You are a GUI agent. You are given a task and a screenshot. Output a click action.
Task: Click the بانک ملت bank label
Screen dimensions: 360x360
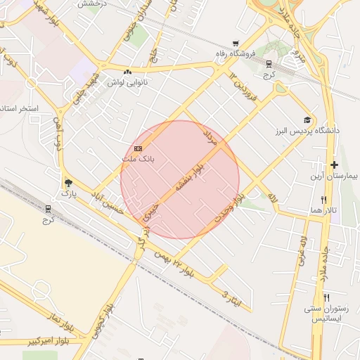coord(138,160)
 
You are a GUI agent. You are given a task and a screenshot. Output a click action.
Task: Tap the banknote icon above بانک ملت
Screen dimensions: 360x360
coord(138,148)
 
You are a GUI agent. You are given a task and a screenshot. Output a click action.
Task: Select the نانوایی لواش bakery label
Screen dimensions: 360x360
coord(127,82)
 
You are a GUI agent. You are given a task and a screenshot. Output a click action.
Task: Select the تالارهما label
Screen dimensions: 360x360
coord(323,210)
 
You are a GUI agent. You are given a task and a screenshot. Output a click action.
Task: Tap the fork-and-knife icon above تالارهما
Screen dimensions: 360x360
coord(323,200)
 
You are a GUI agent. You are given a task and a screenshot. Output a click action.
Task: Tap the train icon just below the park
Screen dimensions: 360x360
coord(48,208)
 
